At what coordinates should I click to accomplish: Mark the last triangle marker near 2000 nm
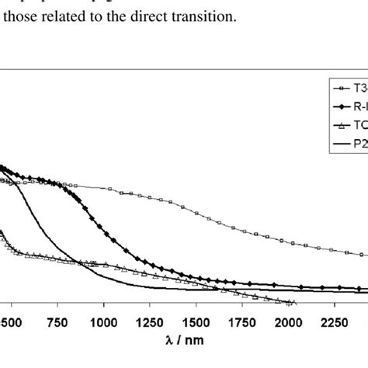pos(292,302)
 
